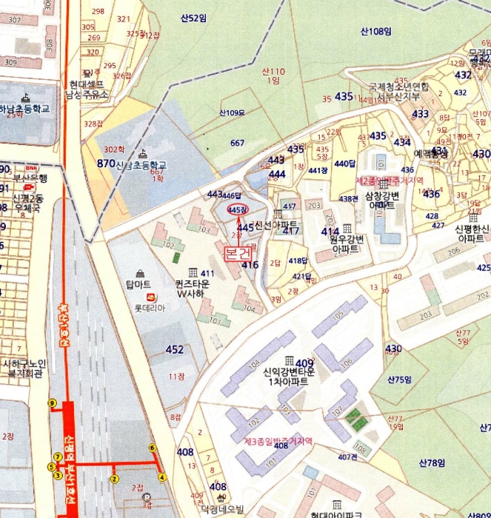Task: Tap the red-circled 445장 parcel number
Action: [x=237, y=210]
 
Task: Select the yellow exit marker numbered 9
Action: [x=52, y=403]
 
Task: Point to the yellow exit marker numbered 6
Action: [x=153, y=448]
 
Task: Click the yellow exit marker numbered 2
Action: [x=115, y=479]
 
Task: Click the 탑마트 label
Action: [x=138, y=283]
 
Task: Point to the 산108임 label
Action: [x=375, y=31]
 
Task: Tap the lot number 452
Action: [x=175, y=349]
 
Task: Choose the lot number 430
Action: [x=393, y=349]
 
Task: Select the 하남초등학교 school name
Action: [x=26, y=108]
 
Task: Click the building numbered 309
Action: [x=10, y=63]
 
